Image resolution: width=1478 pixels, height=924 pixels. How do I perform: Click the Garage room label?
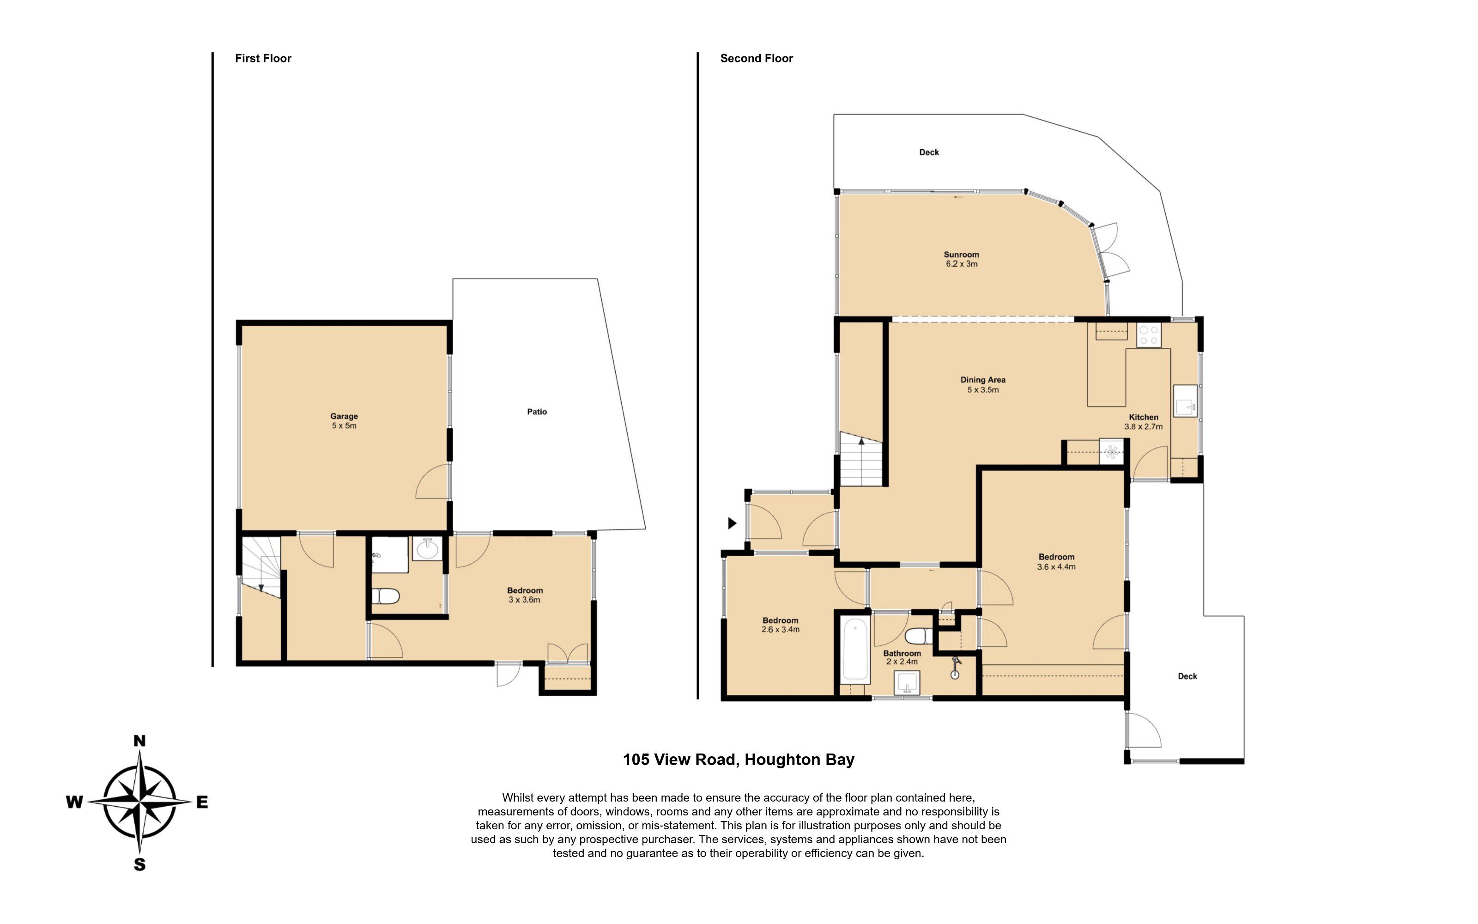pyautogui.click(x=344, y=416)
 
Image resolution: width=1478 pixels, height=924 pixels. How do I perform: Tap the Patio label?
pyautogui.click(x=537, y=412)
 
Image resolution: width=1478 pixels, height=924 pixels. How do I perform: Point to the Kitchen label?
pyautogui.click(x=1143, y=417)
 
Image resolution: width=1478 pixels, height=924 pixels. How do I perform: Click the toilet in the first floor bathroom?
pyautogui.click(x=385, y=595)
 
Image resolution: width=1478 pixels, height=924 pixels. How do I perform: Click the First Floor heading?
pyautogui.click(x=263, y=58)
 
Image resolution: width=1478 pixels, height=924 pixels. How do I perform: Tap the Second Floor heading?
pyautogui.click(x=757, y=58)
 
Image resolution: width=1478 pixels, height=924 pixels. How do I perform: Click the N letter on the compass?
pyautogui.click(x=139, y=741)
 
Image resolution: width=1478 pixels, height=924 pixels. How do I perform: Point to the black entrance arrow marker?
pyautogui.click(x=732, y=523)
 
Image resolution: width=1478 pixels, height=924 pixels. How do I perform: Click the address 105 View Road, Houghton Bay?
pyautogui.click(x=739, y=760)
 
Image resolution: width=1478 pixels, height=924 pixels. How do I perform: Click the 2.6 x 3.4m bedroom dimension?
pyautogui.click(x=781, y=629)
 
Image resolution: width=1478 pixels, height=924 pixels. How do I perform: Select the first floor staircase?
pyautogui.click(x=261, y=568)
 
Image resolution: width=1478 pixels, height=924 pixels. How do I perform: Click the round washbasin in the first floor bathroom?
pyautogui.click(x=426, y=549)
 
